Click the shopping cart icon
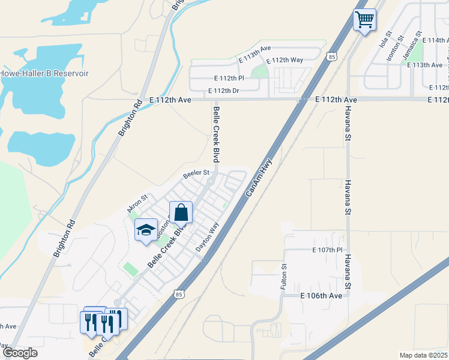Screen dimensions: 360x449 [x=364, y=20]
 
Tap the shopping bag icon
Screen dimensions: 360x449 [x=181, y=212]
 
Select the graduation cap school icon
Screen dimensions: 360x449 [x=145, y=230]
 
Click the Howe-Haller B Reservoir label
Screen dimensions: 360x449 [x=44, y=73]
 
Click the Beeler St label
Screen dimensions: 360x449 [x=196, y=173]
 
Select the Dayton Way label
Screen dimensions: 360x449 [x=208, y=237]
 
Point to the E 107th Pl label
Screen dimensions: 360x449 [x=327, y=250]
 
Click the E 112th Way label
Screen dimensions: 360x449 [x=285, y=60]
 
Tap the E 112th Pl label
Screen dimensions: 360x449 [x=229, y=78]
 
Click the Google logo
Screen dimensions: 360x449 [x=19, y=353]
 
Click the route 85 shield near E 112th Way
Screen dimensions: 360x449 [x=332, y=56]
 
